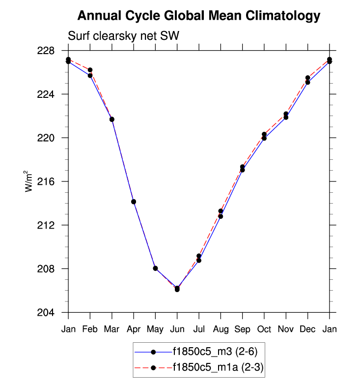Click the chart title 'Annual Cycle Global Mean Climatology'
pyautogui.click(x=199, y=16)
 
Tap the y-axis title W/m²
pyautogui.click(x=30, y=181)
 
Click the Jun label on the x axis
pyautogui.click(x=177, y=329)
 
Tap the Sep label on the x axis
pyautogui.click(x=242, y=329)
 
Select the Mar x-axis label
pyautogui.click(x=111, y=329)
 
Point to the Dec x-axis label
pyautogui.click(x=307, y=329)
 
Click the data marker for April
pyautogui.click(x=134, y=202)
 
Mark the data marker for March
pyautogui.click(x=112, y=119)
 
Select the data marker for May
pyautogui.click(x=155, y=268)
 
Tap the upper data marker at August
pyautogui.click(x=221, y=211)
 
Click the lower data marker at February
pyautogui.click(x=90, y=75)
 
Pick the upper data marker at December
pyautogui.click(x=307, y=78)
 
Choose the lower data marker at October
pyautogui.click(x=264, y=138)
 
